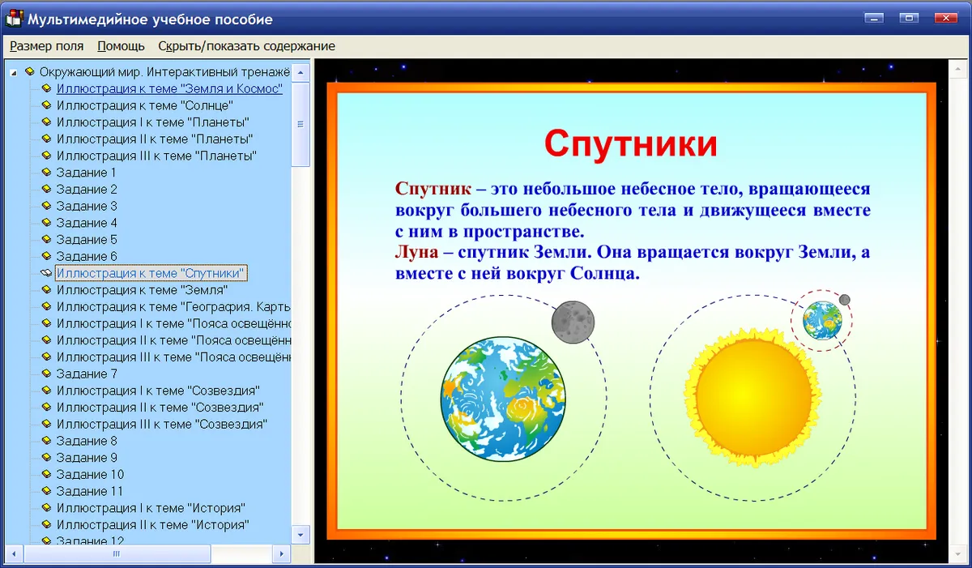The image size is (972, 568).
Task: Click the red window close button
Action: coord(945,18)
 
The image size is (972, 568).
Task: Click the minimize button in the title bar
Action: coord(874,18)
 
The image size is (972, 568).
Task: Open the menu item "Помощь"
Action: coord(121,46)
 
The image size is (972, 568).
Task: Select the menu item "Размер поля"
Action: coord(46,46)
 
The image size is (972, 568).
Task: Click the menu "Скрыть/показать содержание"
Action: coord(246,46)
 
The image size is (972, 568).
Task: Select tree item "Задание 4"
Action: coord(87,223)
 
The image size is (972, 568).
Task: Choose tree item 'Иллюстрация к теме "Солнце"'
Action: coord(144,105)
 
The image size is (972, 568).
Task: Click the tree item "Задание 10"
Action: coord(90,474)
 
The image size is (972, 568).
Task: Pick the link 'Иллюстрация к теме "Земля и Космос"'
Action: coord(169,88)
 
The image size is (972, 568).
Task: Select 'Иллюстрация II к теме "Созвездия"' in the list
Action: coord(160,408)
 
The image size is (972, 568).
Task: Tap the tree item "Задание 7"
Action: coord(87,374)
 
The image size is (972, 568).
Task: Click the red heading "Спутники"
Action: coord(630,143)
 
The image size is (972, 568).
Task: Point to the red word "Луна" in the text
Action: coord(416,252)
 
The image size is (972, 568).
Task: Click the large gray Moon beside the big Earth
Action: coord(573,322)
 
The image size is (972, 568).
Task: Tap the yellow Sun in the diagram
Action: coord(752,396)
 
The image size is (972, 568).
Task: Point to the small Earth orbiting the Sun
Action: coord(822,321)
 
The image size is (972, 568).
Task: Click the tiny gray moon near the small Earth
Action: coord(844,300)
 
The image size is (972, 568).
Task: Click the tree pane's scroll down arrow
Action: coord(301,535)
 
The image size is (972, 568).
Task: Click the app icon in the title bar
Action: coord(14,19)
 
